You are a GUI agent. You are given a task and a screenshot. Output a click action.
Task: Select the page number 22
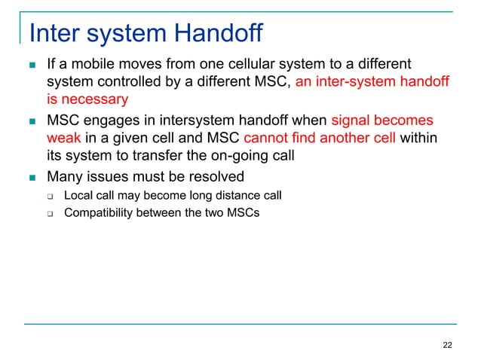[448, 345]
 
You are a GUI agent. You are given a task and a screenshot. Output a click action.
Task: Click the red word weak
[63, 139]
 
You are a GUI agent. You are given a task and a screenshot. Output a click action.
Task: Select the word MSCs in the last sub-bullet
[242, 212]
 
